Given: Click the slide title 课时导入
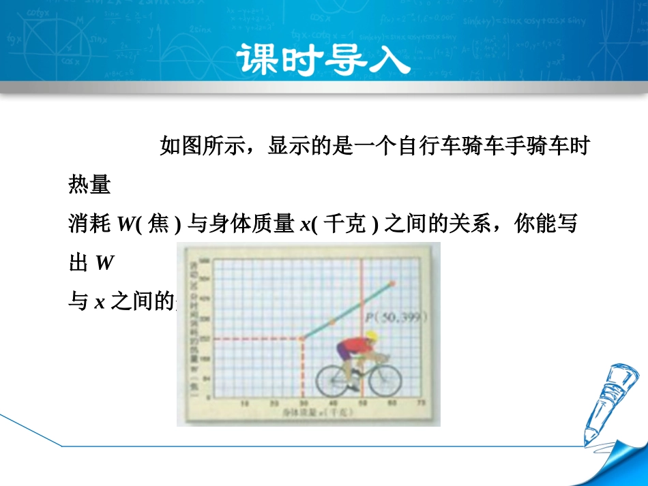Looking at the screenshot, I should click(324, 60).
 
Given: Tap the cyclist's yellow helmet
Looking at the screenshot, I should click(371, 335).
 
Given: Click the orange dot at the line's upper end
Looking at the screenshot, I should click(392, 282).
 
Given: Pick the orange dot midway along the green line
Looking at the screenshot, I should click(332, 320).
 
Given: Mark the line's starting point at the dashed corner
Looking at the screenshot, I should click(302, 338).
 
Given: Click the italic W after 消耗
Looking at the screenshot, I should click(126, 224).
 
